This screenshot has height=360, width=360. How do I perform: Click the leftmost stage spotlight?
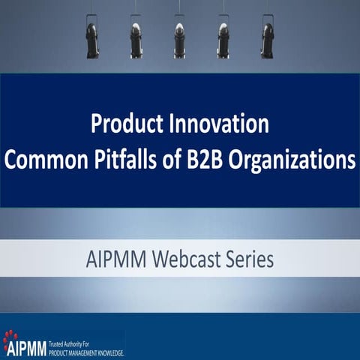[x=91, y=37]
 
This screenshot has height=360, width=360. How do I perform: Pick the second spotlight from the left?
[x=136, y=37]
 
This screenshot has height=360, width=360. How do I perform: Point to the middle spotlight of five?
[x=180, y=37]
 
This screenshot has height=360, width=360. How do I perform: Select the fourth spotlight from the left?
[x=223, y=37]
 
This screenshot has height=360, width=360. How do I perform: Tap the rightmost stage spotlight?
[x=268, y=37]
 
